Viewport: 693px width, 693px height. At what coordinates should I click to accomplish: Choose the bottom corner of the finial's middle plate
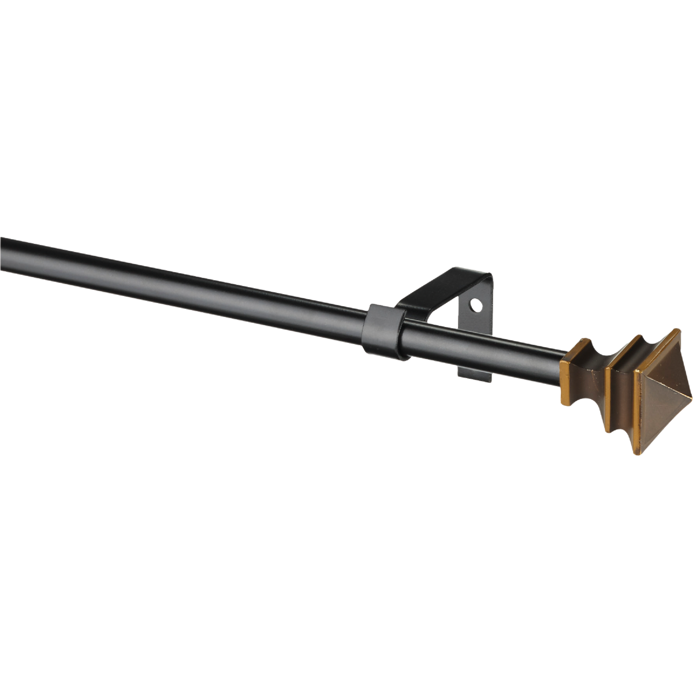608,430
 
